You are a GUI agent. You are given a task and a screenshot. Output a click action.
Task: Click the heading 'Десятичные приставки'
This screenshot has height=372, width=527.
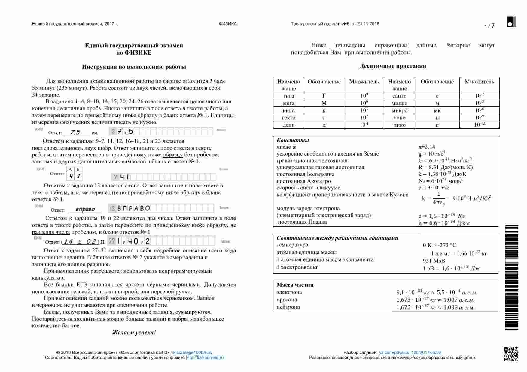[392, 66]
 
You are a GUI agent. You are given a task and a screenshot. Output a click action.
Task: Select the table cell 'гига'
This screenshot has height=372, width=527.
[288, 96]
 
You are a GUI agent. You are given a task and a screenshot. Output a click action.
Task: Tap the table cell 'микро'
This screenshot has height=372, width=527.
[399, 110]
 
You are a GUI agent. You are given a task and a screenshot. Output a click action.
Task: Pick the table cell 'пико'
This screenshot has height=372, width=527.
[399, 125]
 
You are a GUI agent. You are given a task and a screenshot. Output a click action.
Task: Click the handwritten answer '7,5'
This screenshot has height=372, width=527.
[75, 132]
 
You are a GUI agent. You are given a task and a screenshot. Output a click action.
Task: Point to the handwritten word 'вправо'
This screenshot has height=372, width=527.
[85, 209]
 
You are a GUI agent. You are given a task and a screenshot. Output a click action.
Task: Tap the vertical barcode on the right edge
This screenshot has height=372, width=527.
[511, 278]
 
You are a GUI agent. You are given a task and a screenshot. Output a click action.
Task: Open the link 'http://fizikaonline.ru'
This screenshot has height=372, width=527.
[205, 358]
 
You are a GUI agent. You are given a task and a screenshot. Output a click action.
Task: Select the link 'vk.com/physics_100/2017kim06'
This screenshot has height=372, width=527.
[410, 352]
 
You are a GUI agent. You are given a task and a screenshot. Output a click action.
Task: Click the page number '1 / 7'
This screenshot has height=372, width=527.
[489, 26]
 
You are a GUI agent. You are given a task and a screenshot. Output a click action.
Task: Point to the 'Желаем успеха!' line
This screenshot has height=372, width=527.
[134, 332]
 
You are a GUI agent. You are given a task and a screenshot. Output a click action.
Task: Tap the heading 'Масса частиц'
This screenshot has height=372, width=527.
[295, 285]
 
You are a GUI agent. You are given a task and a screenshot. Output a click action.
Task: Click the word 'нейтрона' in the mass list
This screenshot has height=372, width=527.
[288, 307]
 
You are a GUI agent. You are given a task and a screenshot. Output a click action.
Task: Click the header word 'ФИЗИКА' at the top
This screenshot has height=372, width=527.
[228, 24]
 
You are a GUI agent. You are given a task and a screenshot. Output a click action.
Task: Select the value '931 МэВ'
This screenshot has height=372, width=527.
[434, 261]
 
